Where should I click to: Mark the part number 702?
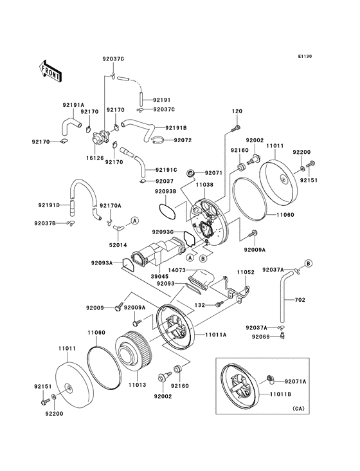(300, 300)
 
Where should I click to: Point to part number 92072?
(183, 140)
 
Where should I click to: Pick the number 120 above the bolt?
(237, 111)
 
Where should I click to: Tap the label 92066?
(261, 337)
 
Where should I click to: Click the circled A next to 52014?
(135, 221)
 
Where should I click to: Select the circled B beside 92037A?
(309, 263)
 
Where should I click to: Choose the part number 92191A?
(74, 105)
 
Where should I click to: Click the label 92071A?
(296, 381)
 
